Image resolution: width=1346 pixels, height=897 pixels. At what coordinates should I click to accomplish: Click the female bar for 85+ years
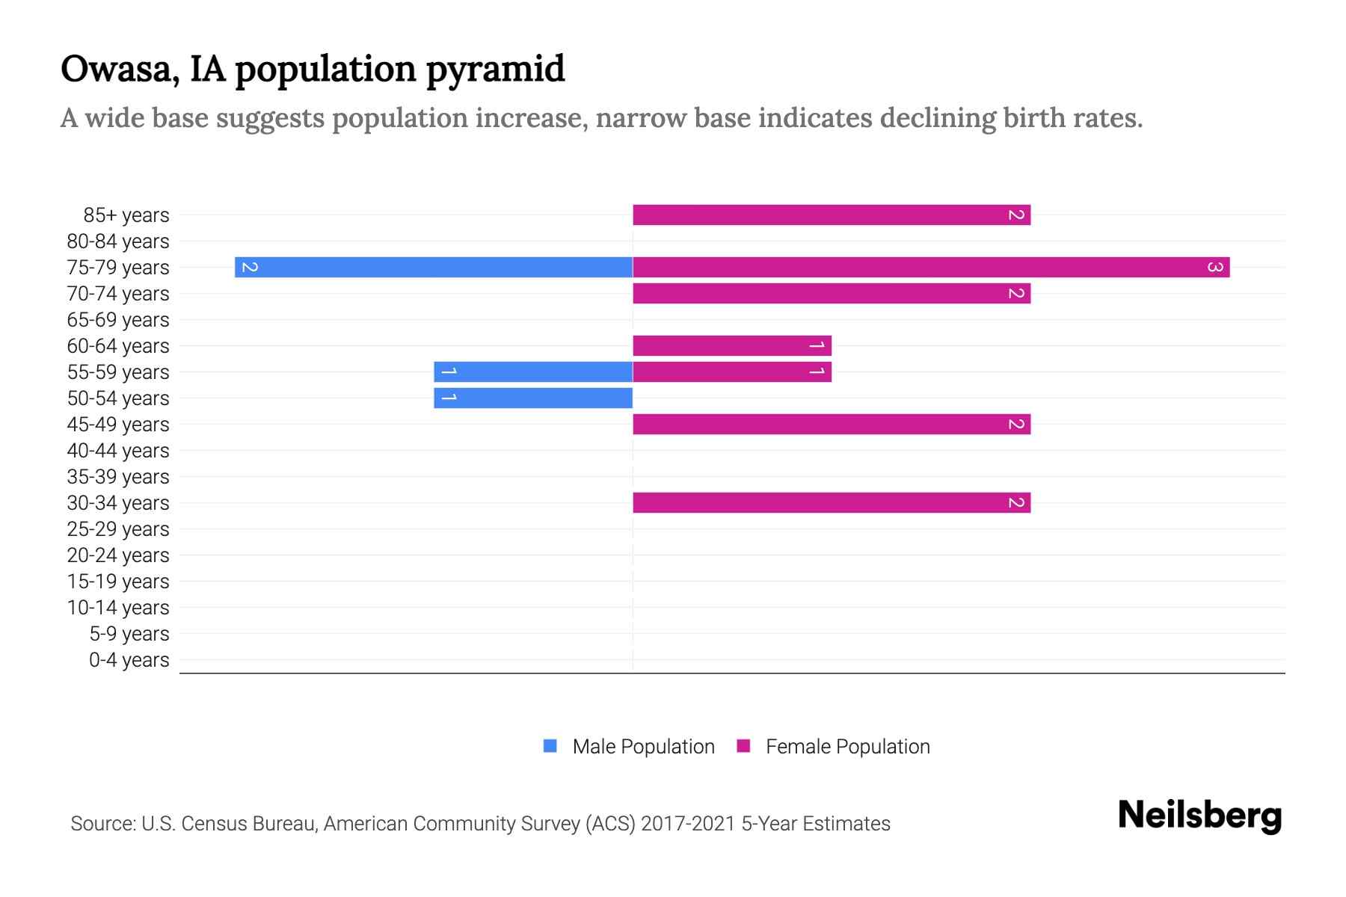(x=832, y=215)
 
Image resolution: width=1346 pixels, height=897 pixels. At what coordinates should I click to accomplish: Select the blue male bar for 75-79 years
(x=434, y=268)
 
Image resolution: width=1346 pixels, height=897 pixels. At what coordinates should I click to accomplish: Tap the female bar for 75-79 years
(x=931, y=268)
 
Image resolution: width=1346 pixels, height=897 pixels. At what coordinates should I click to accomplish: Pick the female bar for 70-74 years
(x=832, y=294)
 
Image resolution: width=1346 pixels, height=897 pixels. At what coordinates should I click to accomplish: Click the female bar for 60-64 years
(x=732, y=346)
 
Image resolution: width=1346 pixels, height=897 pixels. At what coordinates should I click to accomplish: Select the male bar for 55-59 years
(x=533, y=372)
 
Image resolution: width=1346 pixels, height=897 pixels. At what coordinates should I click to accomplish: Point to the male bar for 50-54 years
(x=533, y=398)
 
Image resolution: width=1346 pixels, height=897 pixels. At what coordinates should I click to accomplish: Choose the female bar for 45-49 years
(x=832, y=425)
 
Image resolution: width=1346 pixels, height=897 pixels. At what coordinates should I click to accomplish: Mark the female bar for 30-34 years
(x=832, y=503)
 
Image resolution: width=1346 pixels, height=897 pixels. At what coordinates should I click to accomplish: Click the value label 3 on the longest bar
(x=1215, y=268)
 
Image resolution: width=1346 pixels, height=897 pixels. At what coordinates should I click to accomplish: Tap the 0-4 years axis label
(x=129, y=660)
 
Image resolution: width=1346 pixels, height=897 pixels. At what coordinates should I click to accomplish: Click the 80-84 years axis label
(x=118, y=241)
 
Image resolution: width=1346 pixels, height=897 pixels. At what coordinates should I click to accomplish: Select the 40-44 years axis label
(x=118, y=451)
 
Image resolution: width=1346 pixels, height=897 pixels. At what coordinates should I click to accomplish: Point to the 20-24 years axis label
(x=118, y=555)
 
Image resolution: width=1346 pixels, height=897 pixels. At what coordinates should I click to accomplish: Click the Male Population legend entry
(x=642, y=747)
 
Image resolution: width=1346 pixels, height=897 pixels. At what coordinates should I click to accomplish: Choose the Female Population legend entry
(x=847, y=747)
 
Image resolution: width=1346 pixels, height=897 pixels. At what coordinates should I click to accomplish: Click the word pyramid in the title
(x=495, y=70)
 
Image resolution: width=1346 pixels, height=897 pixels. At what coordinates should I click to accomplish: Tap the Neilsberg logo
(x=1199, y=816)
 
